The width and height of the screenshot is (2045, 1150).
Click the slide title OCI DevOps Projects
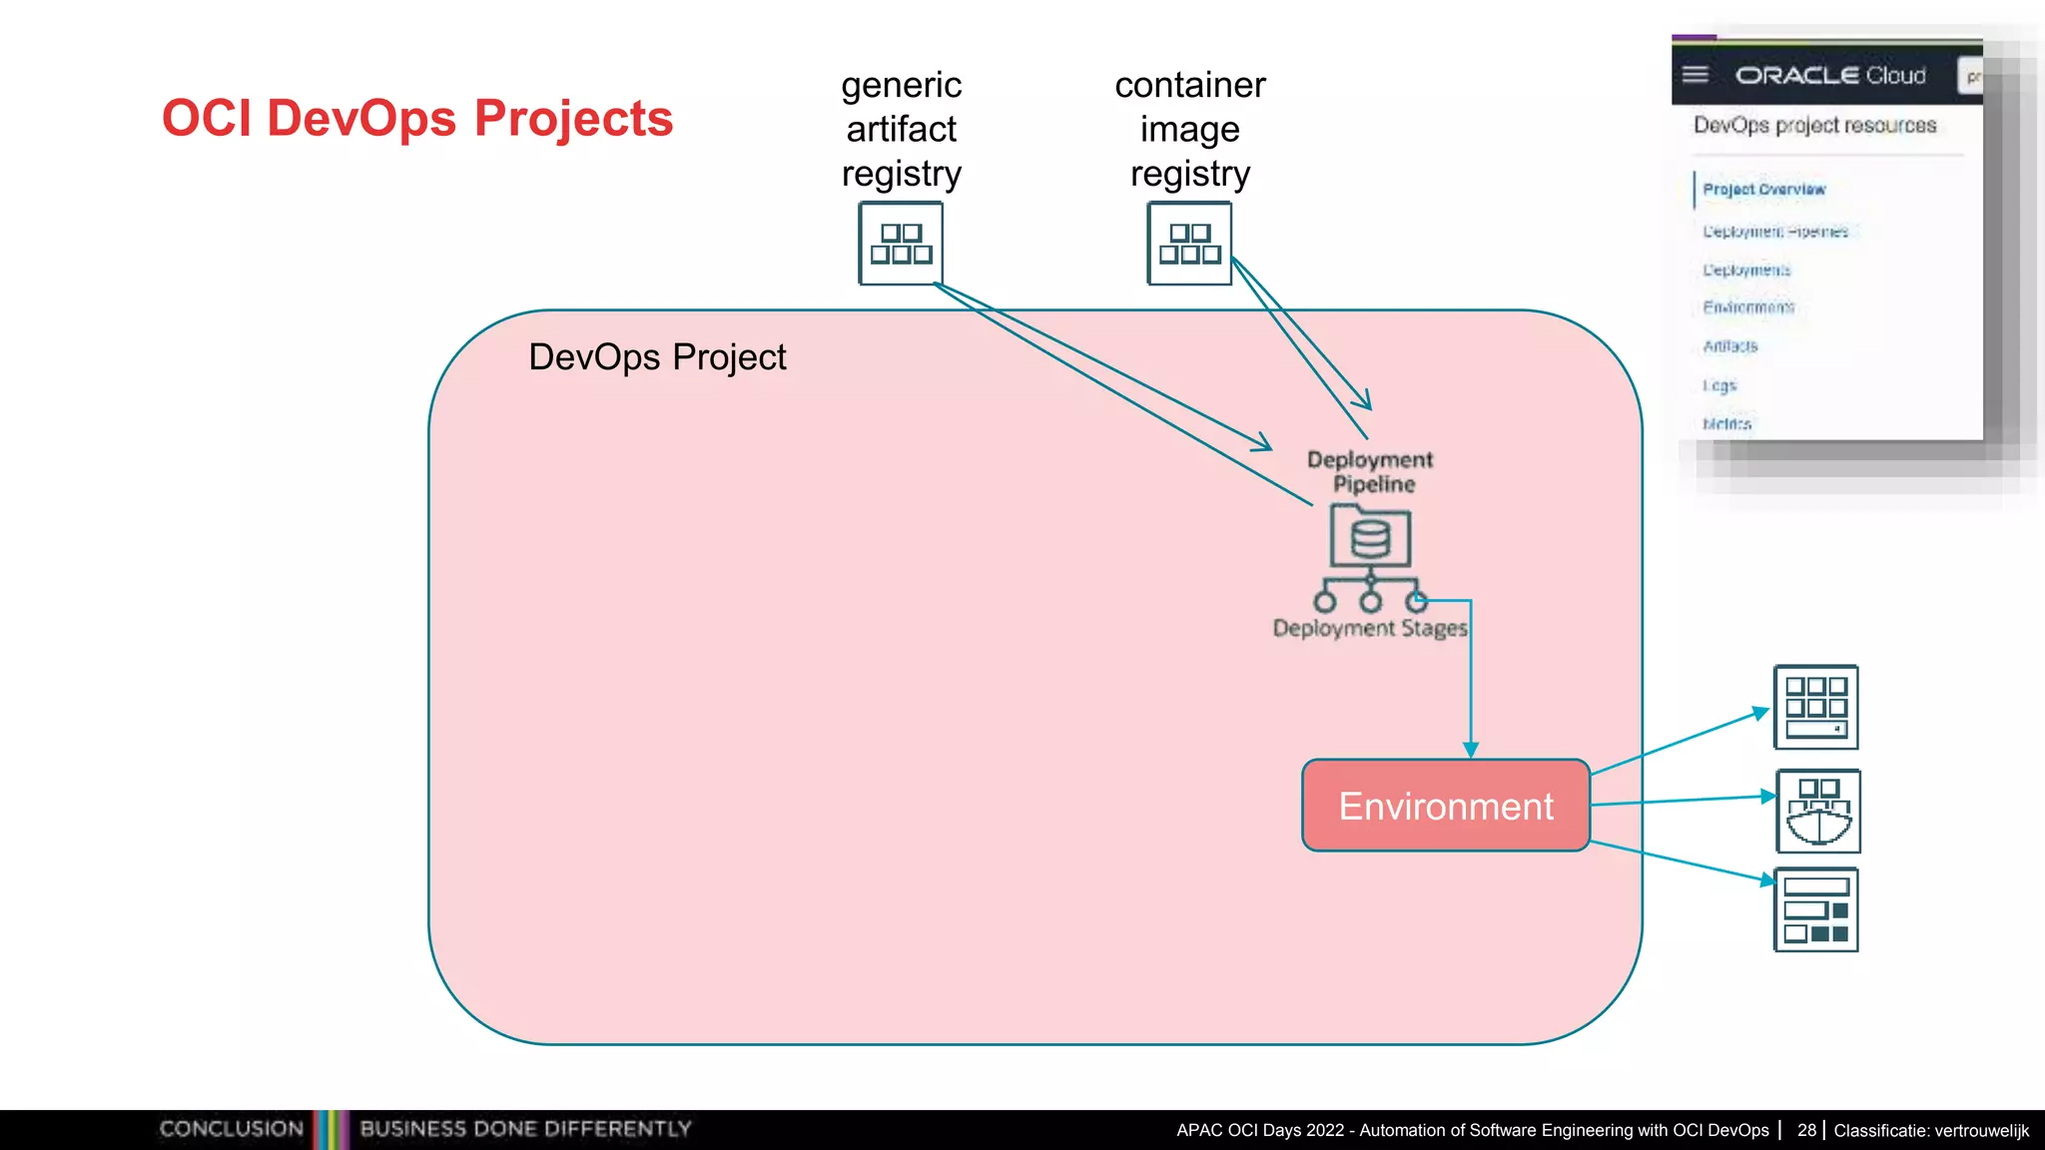pyautogui.click(x=417, y=118)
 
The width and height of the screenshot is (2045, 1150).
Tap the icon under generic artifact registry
pyautogui.click(x=901, y=244)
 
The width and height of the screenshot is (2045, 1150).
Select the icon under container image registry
pyautogui.click(x=1189, y=244)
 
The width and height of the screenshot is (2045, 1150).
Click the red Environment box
pyautogui.click(x=1445, y=806)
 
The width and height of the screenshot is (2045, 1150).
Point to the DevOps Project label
pyautogui.click(x=657, y=357)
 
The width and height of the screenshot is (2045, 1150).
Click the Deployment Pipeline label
pyautogui.click(x=1370, y=471)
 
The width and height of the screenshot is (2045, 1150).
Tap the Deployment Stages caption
pyautogui.click(x=1370, y=628)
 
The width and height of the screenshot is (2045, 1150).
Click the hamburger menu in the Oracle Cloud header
pyautogui.click(x=1696, y=75)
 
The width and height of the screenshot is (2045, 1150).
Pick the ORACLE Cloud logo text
pyautogui.click(x=1830, y=76)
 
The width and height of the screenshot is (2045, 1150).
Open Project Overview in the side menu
pyautogui.click(x=1763, y=190)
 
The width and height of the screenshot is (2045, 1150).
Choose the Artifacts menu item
pyautogui.click(x=1730, y=346)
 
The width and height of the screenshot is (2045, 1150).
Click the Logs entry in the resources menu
pyautogui.click(x=1719, y=385)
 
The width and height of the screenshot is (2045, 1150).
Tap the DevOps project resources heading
pyautogui.click(x=1814, y=126)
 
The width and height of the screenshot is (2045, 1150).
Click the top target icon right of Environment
pyautogui.click(x=1815, y=707)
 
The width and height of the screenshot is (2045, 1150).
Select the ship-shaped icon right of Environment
pyautogui.click(x=1817, y=811)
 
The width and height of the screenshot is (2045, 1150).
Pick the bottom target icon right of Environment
pyautogui.click(x=1815, y=909)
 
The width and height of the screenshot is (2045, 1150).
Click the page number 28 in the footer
pyautogui.click(x=1806, y=1130)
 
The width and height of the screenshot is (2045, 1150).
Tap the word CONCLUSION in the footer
pyautogui.click(x=231, y=1129)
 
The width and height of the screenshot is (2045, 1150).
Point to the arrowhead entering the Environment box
pyautogui.click(x=1471, y=750)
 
